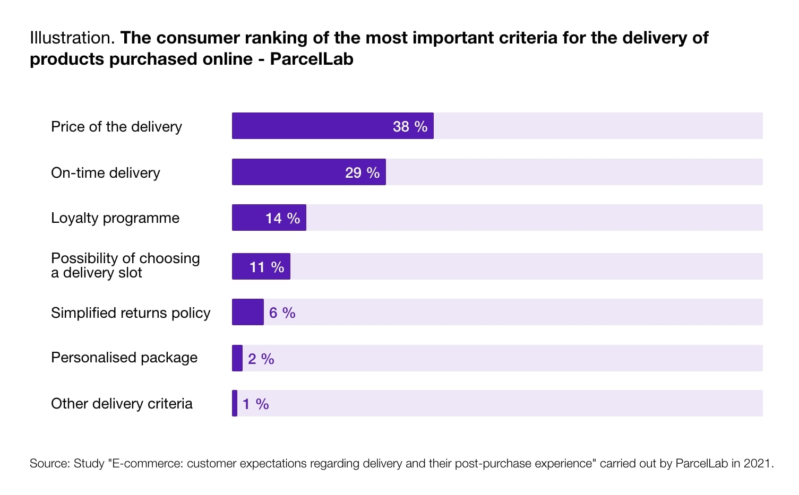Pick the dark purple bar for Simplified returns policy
pos(247,312)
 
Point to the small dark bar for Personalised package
pos(237,358)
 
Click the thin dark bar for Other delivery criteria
pos(235,403)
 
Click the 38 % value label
pos(410,126)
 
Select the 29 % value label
pos(362,172)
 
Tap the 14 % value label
pos(282,218)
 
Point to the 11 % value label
pos(267,267)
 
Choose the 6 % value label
pos(282,312)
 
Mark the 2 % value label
pos(261,359)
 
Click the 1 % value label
pos(255,404)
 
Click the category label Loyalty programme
pos(115,218)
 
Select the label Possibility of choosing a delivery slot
pos(125,265)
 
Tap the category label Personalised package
pos(124,358)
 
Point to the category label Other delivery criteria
pos(122,404)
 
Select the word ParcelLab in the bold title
pos(311,59)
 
